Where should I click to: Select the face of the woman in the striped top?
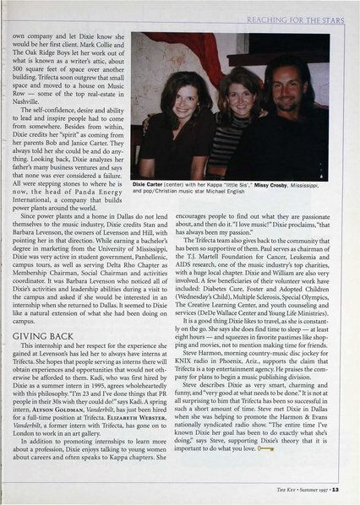coord(241,90)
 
